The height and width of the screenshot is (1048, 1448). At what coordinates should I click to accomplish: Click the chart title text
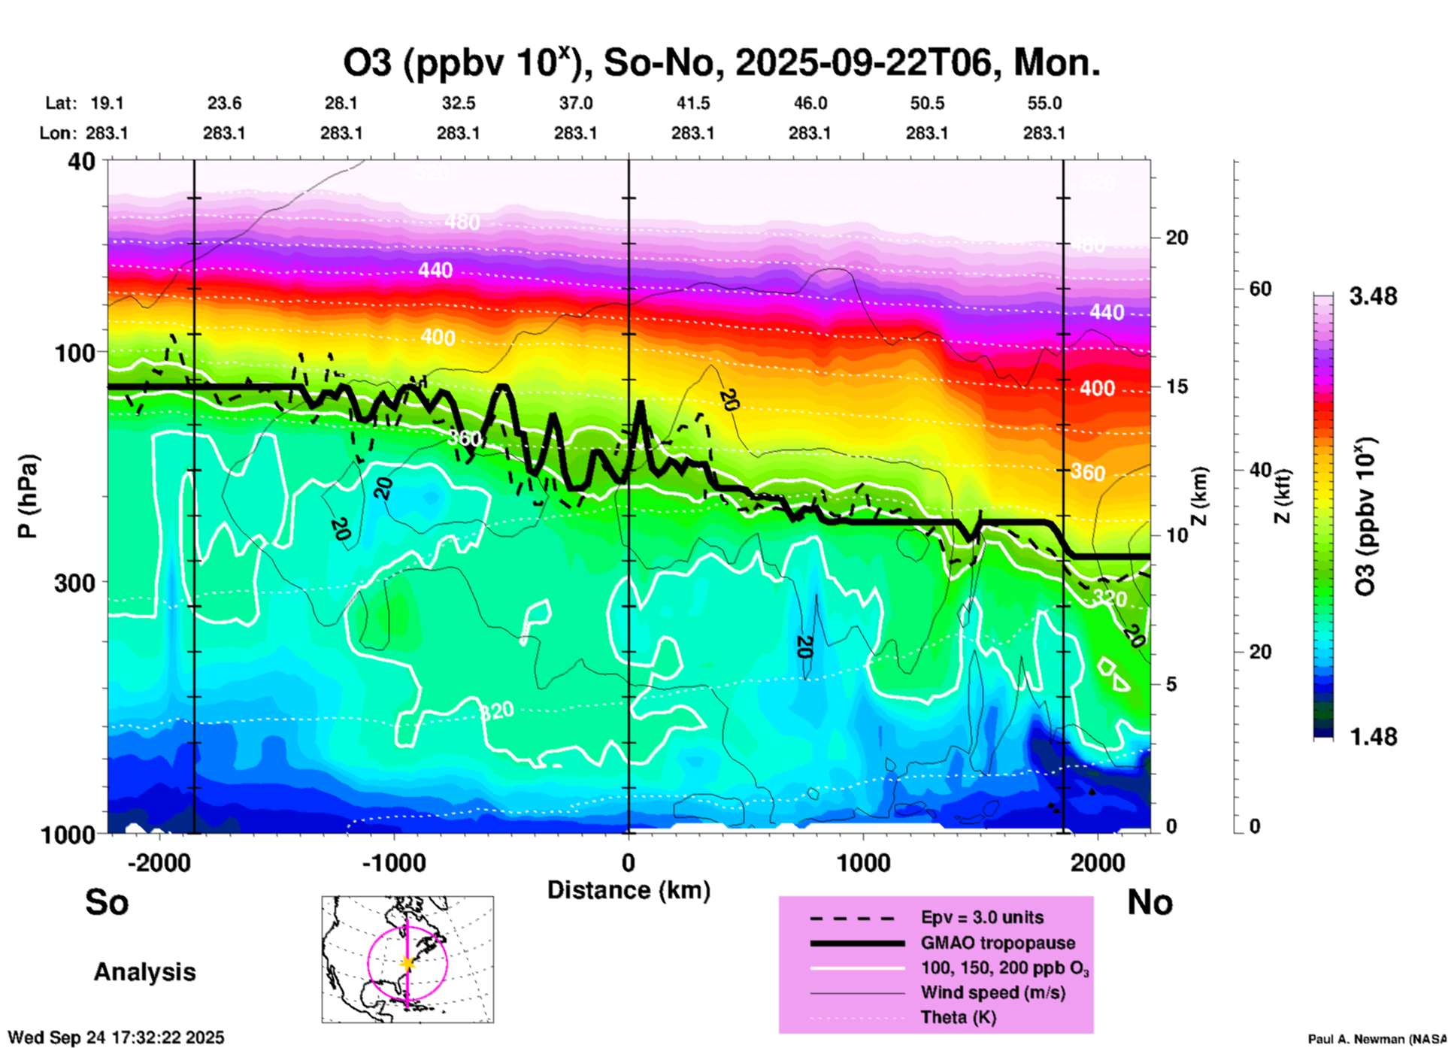click(722, 63)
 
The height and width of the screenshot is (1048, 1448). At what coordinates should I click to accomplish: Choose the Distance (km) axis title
click(629, 890)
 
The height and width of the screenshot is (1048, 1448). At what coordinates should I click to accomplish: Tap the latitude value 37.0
click(576, 104)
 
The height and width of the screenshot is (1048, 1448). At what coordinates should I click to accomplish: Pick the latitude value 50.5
click(927, 104)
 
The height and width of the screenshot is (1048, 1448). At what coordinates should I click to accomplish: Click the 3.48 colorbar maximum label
click(1373, 297)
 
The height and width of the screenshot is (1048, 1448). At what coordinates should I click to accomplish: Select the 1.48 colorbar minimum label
click(1373, 737)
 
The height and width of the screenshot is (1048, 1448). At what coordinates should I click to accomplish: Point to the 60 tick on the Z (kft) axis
click(1260, 289)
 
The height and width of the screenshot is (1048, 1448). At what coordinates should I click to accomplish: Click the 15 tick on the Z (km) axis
click(1177, 386)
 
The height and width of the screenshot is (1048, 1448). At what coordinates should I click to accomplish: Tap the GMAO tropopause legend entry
click(998, 943)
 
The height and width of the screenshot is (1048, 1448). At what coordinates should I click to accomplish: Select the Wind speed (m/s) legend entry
click(992, 992)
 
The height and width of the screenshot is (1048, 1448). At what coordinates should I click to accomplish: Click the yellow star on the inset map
click(407, 963)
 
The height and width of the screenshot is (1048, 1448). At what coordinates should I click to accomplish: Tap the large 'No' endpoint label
click(1150, 902)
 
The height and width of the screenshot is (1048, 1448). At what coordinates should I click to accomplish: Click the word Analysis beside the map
click(144, 972)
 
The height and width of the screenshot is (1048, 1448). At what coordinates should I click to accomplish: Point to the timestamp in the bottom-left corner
click(117, 1037)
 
